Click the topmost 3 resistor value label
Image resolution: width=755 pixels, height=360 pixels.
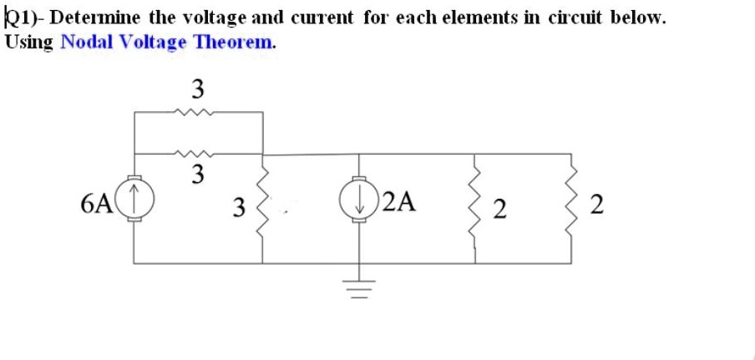(197, 87)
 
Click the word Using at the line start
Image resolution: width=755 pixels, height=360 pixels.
(28, 42)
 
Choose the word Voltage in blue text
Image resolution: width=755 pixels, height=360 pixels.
(154, 42)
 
